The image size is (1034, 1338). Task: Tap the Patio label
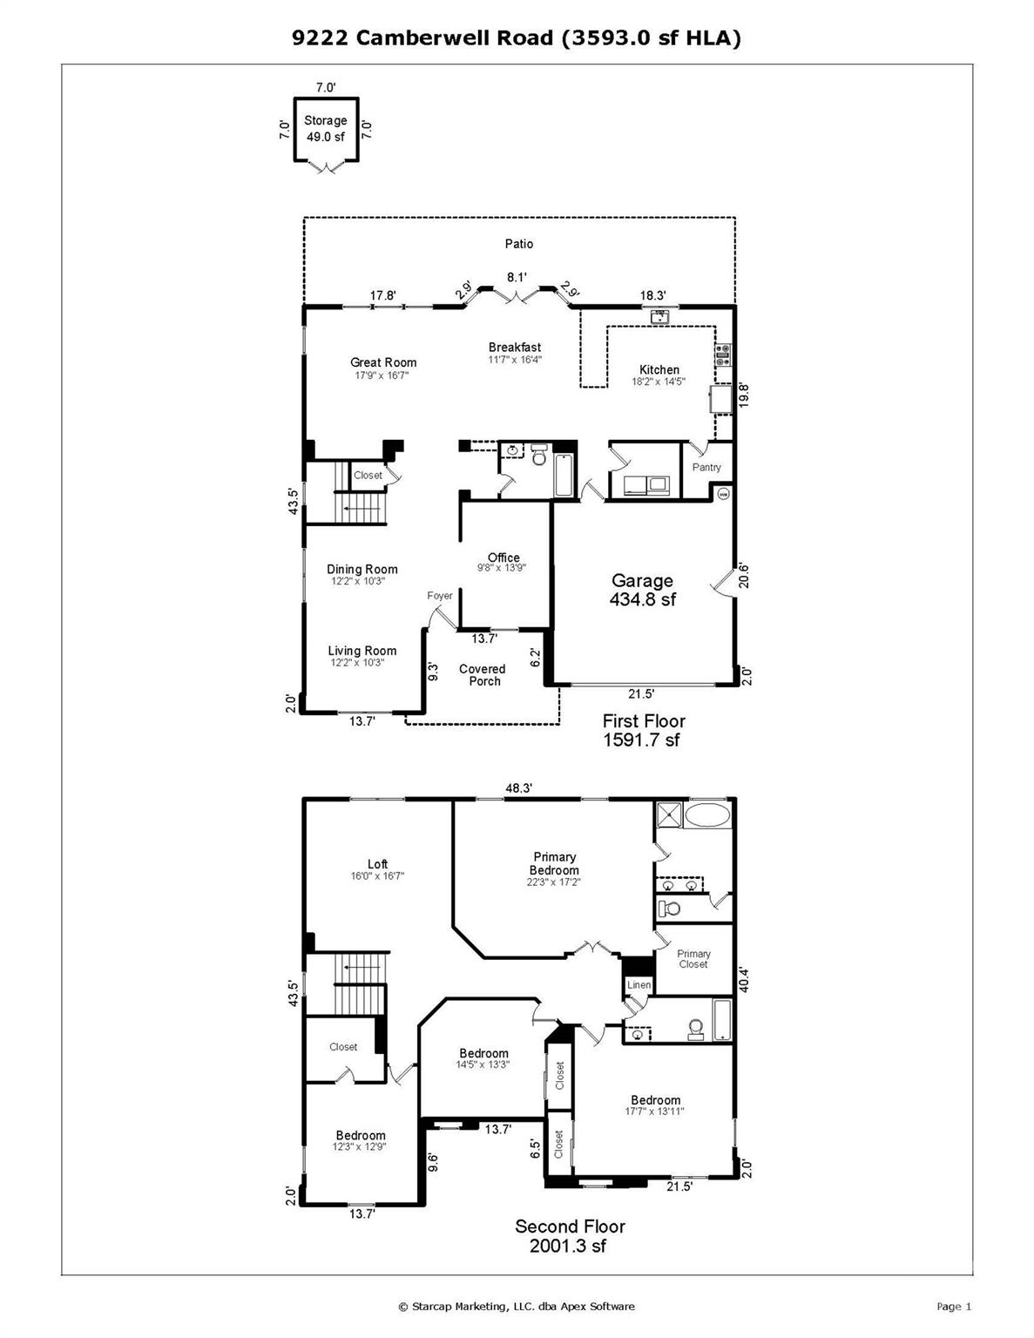point(519,244)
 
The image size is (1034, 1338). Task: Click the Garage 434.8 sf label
point(643,589)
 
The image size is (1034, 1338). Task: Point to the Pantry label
point(706,468)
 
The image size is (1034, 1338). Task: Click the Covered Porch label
point(483,675)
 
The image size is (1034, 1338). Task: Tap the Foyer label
point(440,596)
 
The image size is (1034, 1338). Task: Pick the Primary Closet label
point(693,959)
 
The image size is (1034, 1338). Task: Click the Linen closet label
point(639,985)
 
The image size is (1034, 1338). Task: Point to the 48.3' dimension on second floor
point(518,787)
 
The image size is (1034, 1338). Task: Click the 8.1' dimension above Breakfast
point(517,277)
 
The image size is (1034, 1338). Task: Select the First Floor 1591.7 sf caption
point(643,730)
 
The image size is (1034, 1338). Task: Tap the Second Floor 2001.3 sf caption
point(570,1235)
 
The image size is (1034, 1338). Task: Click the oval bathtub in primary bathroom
point(709,815)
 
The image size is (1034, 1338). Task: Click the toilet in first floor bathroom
point(538,455)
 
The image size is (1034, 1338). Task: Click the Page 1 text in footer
point(953,1306)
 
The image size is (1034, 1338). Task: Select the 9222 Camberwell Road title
point(516,37)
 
